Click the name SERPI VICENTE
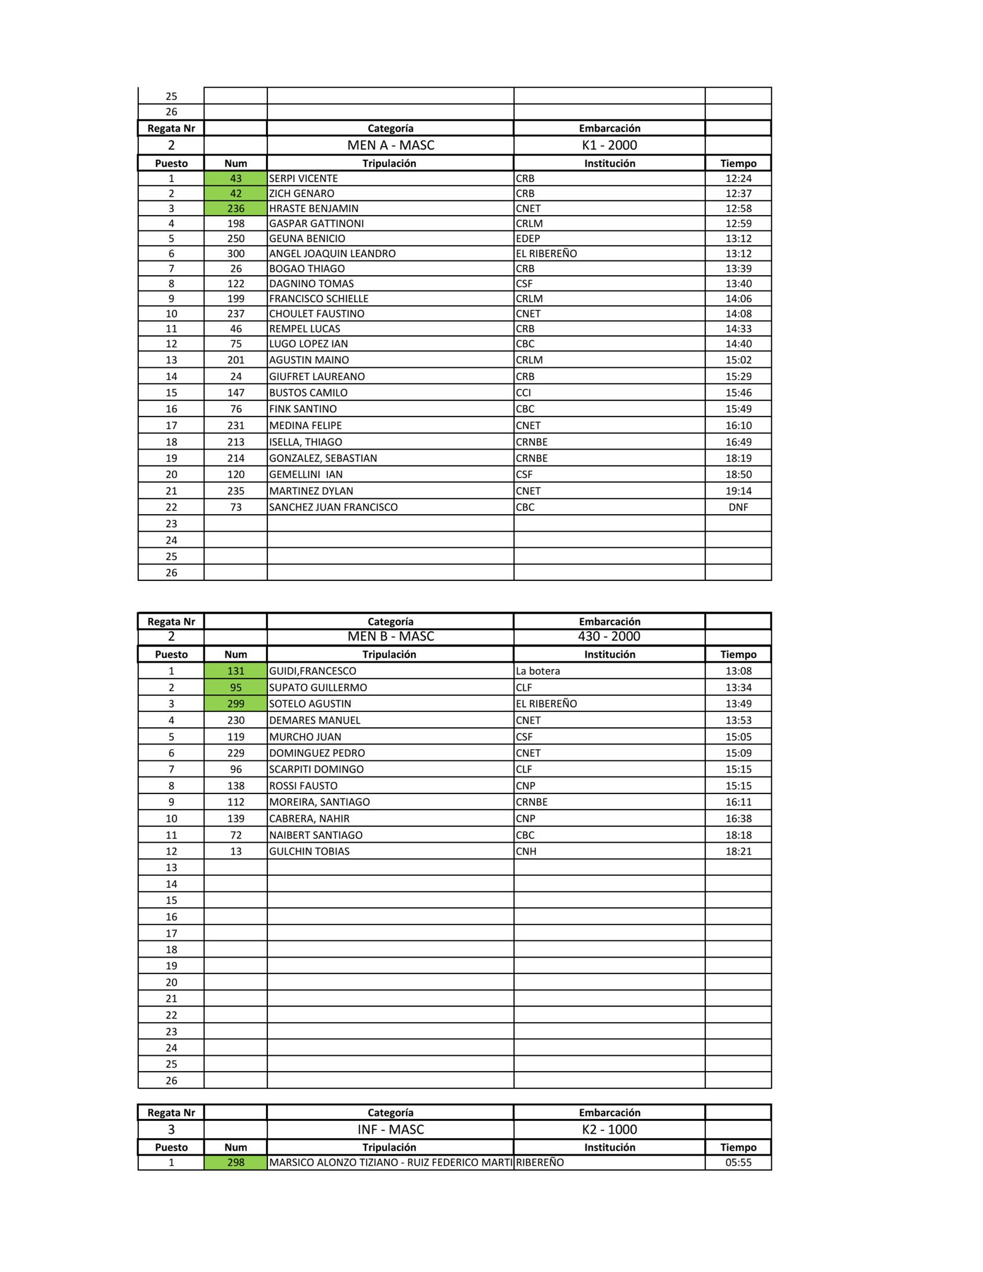304,178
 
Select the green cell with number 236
236,208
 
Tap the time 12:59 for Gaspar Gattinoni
738,224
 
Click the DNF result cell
738,507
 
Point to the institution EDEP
528,238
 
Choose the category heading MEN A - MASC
391,145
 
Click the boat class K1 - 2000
609,145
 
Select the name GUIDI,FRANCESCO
313,671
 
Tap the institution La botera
538,671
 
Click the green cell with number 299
236,703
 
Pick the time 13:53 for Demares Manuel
738,720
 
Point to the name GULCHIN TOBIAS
309,851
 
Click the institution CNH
526,851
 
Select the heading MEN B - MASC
391,636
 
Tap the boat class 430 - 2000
609,636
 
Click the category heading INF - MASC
391,1129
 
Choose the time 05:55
738,1162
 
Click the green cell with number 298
236,1162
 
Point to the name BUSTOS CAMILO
308,392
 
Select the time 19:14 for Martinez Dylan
738,491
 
